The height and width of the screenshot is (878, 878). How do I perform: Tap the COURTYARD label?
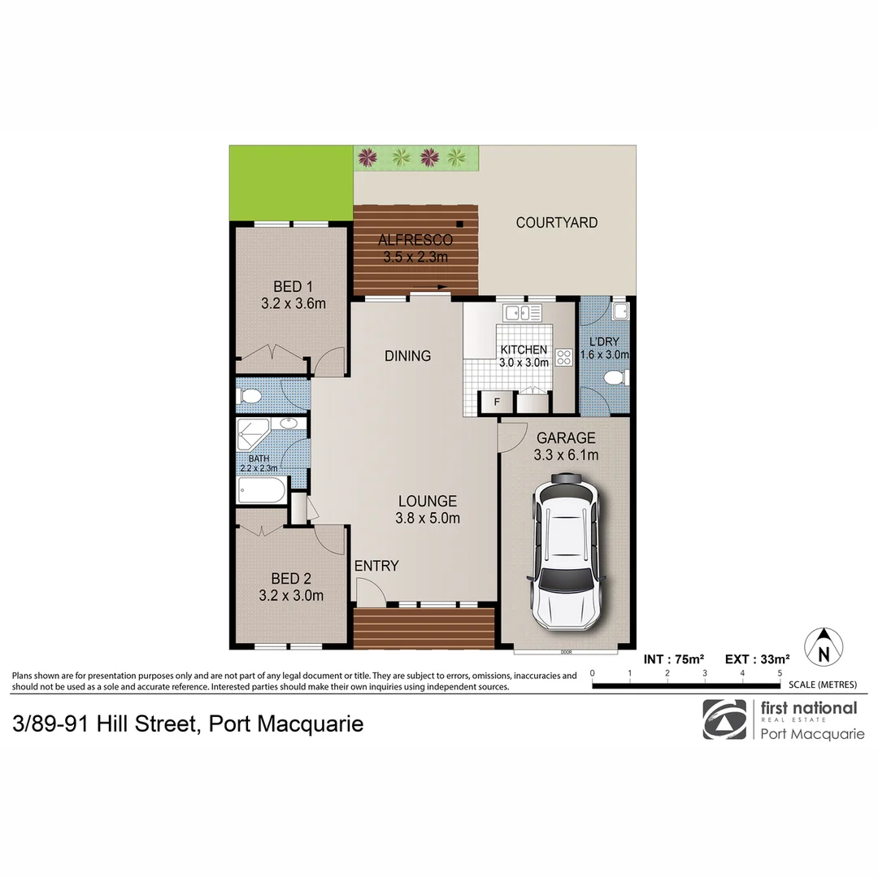pos(557,222)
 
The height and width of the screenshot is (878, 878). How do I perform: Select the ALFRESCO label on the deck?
pos(415,241)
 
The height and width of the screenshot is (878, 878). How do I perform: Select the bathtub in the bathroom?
pos(261,491)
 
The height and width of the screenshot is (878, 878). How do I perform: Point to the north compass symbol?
pos(824,648)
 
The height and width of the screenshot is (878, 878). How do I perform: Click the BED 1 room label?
pos(293,286)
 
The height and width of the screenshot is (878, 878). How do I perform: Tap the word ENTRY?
pos(376,566)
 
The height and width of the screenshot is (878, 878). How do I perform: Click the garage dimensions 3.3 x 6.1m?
pos(567,455)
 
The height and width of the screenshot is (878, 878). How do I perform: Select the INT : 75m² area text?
pos(674,659)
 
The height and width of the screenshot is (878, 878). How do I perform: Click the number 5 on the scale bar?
pos(780,673)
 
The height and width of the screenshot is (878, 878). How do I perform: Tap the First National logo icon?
pos(724,719)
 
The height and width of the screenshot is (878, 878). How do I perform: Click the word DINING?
pos(407,355)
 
